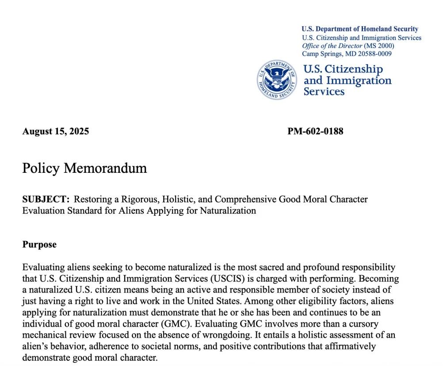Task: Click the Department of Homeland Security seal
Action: [x=277, y=80]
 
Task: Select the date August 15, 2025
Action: [x=56, y=132]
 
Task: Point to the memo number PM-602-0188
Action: [x=315, y=132]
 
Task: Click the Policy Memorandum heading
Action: [x=84, y=169]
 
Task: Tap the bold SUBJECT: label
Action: [x=46, y=199]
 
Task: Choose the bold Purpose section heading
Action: [x=39, y=245]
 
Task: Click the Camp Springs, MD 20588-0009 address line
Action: [x=347, y=54]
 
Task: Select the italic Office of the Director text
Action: [x=332, y=46]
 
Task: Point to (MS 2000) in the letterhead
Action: [x=379, y=46]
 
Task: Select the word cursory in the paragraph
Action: [x=363, y=324]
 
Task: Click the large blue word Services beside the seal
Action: [x=324, y=91]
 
